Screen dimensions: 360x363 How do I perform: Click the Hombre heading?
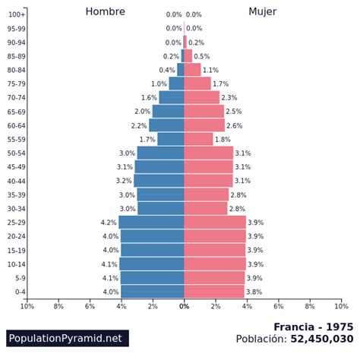pyautogui.click(x=106, y=11)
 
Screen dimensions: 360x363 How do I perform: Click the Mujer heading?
pyautogui.click(x=262, y=11)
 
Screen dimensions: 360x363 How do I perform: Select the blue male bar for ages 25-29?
pyautogui.click(x=151, y=223)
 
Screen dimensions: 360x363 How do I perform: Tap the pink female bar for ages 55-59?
pyautogui.click(x=198, y=139)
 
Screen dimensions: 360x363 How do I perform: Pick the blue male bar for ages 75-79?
pyautogui.click(x=176, y=84)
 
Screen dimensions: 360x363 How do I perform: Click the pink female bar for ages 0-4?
pyautogui.click(x=214, y=292)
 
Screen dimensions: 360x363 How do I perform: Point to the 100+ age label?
pyautogui.click(x=17, y=14)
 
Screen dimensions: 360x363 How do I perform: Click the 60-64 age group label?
pyautogui.click(x=17, y=125)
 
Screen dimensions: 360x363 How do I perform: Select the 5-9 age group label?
pyautogui.click(x=21, y=278)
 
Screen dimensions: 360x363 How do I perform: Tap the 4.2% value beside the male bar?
pyautogui.click(x=109, y=223)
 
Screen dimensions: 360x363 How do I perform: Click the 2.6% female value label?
pyautogui.click(x=235, y=125)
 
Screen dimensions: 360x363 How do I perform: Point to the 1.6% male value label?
pyautogui.click(x=149, y=97)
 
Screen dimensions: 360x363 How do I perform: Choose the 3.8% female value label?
pyautogui.click(x=254, y=292)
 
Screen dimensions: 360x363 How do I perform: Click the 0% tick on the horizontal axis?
pyautogui.click(x=184, y=307)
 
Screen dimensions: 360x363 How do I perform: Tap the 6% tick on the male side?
pyautogui.click(x=90, y=307)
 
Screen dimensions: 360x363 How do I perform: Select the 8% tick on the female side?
pyautogui.click(x=310, y=307)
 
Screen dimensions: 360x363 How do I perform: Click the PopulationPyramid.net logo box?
pyautogui.click(x=68, y=338)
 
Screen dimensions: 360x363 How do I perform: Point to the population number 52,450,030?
pyautogui.click(x=322, y=339)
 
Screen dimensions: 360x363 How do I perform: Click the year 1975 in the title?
pyautogui.click(x=339, y=327)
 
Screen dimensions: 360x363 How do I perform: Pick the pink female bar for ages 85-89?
pyautogui.click(x=188, y=55)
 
